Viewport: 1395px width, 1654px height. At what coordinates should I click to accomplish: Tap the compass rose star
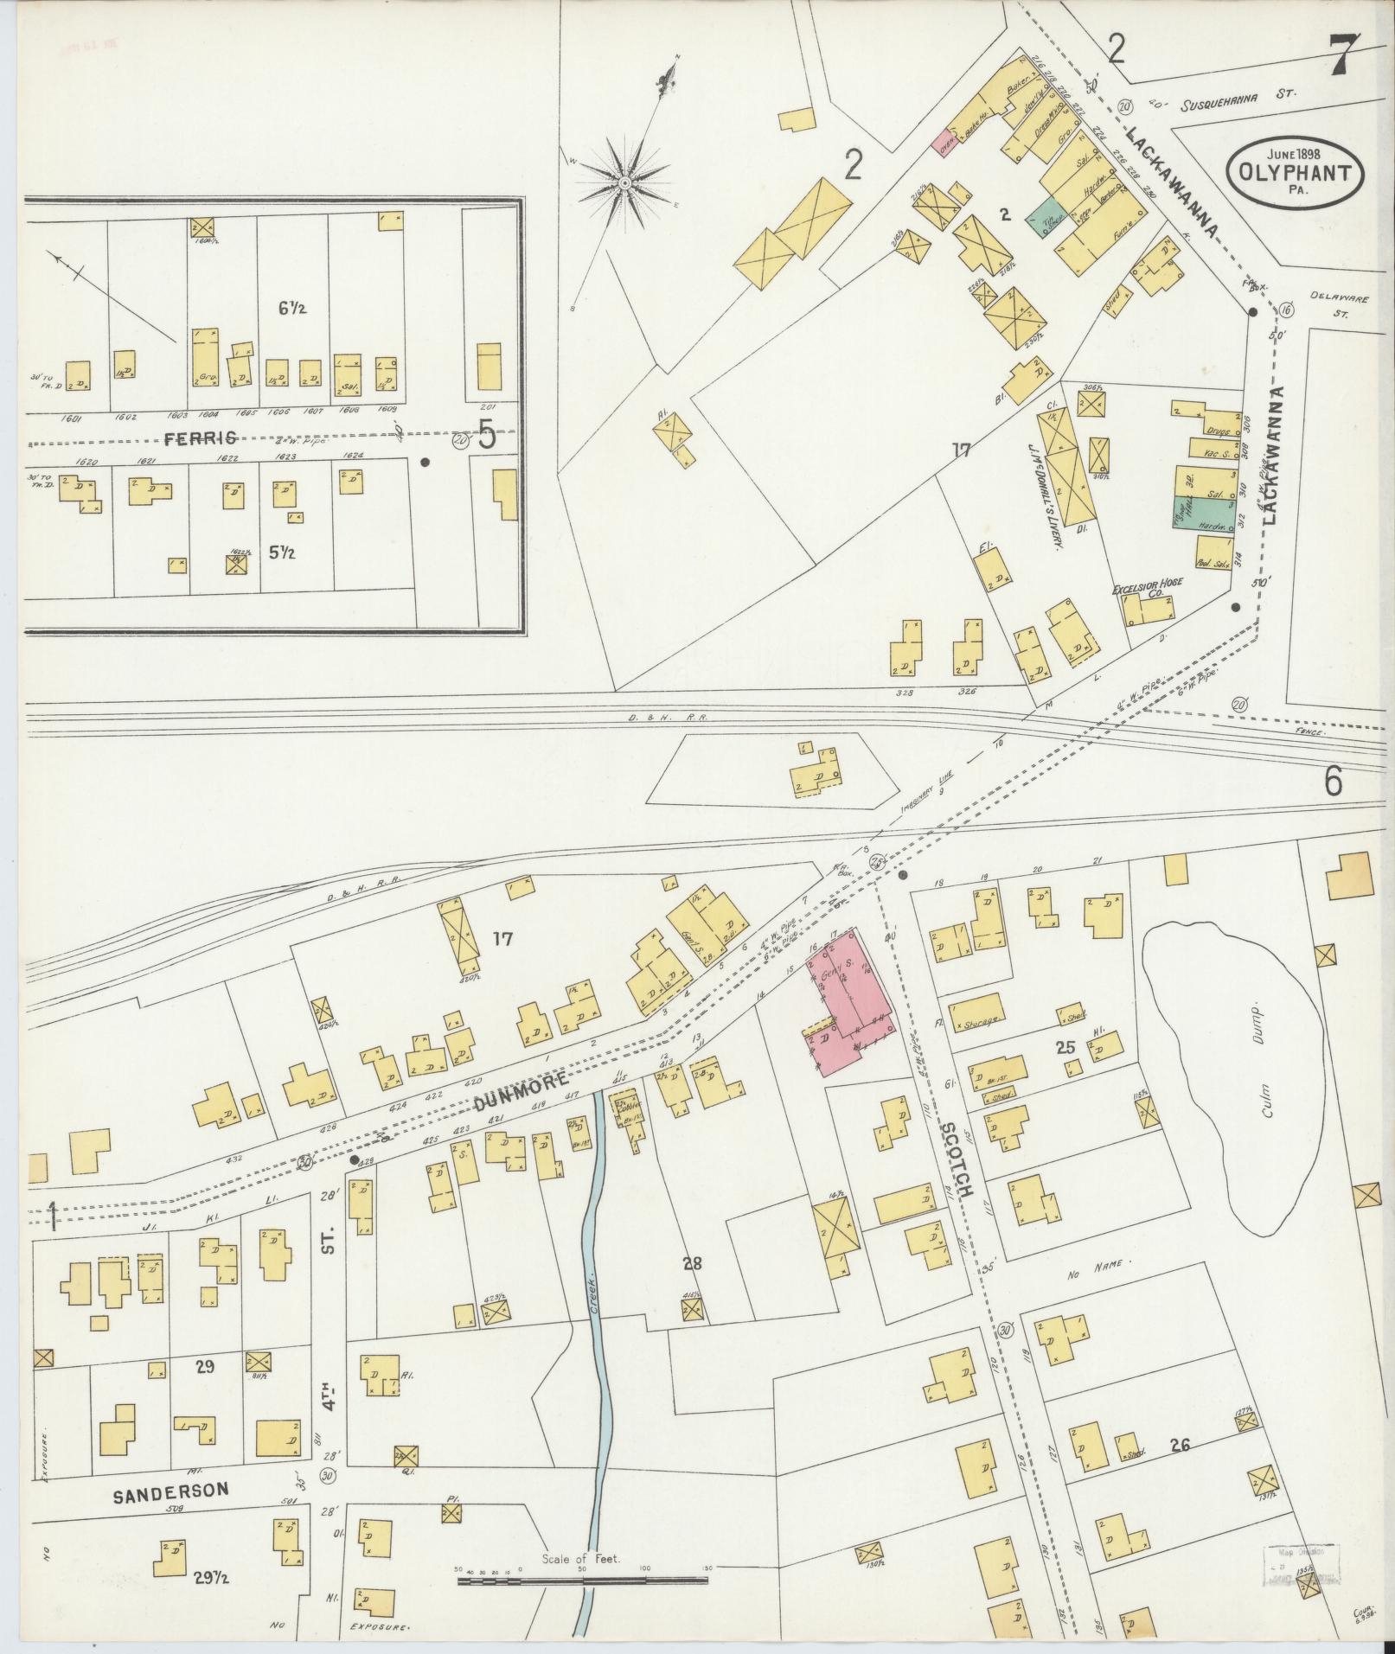pyautogui.click(x=624, y=183)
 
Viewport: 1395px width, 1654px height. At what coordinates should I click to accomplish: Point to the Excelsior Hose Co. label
pyautogui.click(x=1140, y=593)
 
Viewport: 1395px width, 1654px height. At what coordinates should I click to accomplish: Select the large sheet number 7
pyautogui.click(x=1346, y=56)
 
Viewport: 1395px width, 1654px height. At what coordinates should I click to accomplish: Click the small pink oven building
pyautogui.click(x=942, y=143)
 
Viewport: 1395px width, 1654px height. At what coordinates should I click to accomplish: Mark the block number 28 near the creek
pyautogui.click(x=693, y=1264)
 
